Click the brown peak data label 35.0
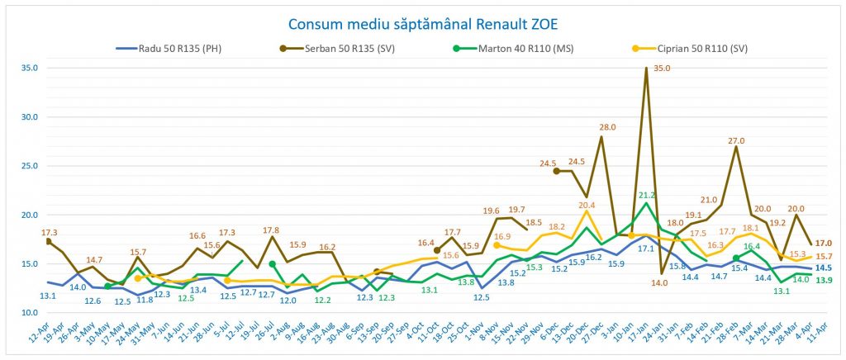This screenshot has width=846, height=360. [662, 69]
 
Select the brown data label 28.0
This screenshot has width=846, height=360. [608, 127]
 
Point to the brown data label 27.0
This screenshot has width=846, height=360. [736, 140]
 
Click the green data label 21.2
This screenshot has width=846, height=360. [647, 195]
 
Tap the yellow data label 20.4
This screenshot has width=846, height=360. [586, 205]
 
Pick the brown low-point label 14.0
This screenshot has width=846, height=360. [659, 282]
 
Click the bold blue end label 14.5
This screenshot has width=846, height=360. [823, 268]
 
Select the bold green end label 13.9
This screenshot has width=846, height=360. [823, 282]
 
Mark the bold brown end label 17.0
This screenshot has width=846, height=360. [823, 244]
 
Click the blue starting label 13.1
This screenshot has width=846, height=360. [48, 296]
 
